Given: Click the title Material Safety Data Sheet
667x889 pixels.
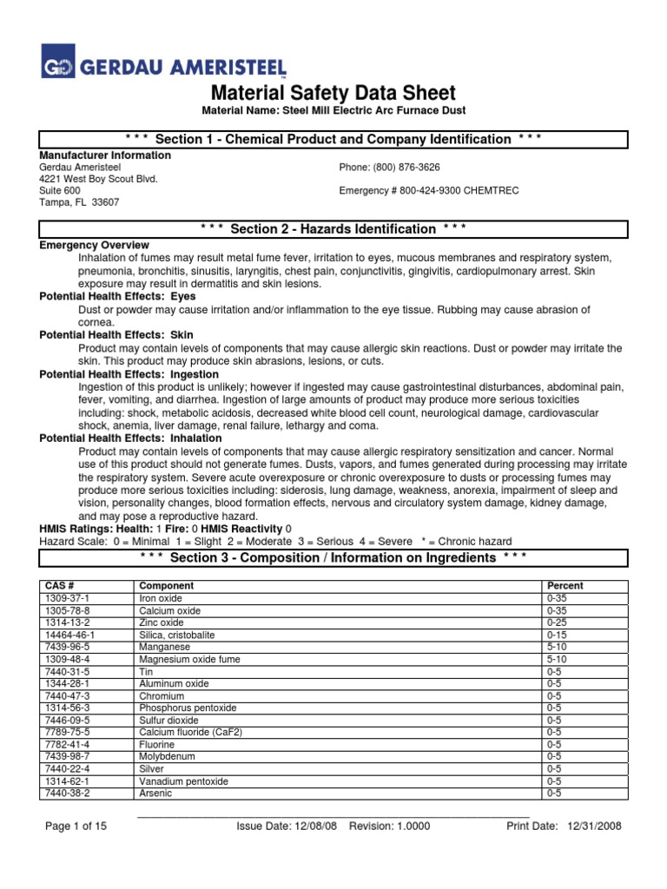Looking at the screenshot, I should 333,94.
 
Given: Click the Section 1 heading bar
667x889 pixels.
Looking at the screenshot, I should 333,139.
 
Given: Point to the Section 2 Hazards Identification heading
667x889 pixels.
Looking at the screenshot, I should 333,228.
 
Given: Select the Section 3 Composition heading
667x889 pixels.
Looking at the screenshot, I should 333,556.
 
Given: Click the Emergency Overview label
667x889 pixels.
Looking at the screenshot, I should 95,246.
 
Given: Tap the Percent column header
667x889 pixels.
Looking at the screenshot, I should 565,586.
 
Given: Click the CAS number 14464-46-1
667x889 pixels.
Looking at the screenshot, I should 69,635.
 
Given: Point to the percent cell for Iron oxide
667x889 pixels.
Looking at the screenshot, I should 557,598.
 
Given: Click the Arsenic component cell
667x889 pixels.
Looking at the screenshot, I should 155,793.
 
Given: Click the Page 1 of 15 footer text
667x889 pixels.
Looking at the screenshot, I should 76,826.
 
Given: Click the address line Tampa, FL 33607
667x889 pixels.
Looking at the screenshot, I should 80,201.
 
